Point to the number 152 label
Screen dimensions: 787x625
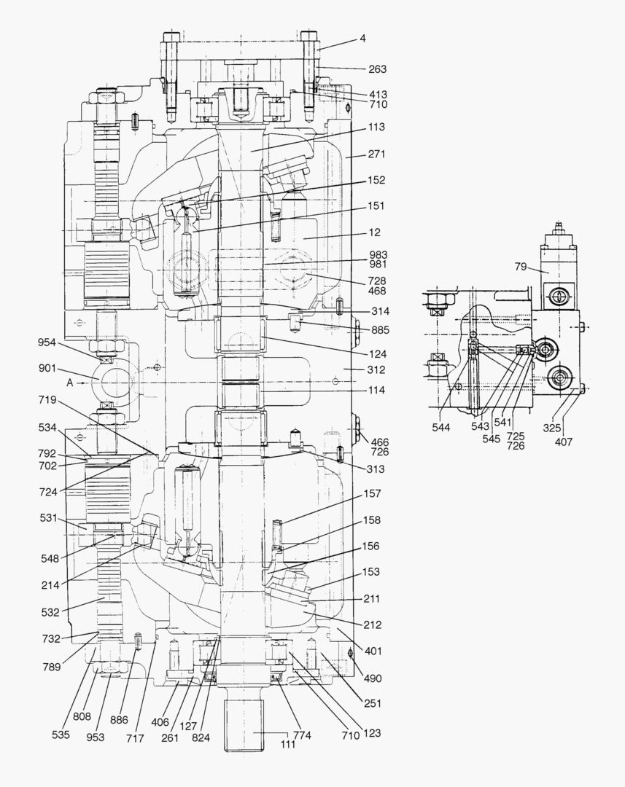[377, 180]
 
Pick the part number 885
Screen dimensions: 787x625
[380, 330]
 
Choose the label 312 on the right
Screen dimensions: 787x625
[376, 370]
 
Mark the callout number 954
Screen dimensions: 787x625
[47, 342]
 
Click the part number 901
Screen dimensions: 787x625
[47, 368]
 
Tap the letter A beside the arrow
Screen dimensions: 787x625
[69, 381]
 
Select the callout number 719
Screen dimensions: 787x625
[48, 399]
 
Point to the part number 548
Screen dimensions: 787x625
[50, 559]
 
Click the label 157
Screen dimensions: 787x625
[371, 494]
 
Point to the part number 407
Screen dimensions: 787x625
[563, 442]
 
